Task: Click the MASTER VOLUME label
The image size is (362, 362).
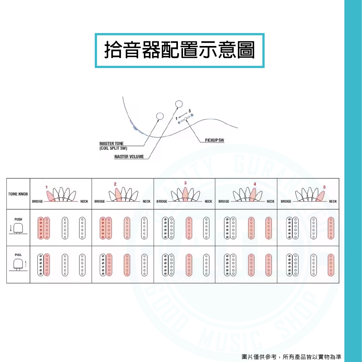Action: (129, 157)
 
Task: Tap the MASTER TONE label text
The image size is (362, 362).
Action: (111, 144)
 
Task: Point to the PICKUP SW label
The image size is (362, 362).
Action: (214, 140)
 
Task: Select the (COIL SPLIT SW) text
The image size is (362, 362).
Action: (113, 148)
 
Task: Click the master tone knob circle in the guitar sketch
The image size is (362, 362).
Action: (159, 116)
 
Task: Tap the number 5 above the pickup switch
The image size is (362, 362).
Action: (189, 110)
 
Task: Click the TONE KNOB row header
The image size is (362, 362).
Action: (18, 194)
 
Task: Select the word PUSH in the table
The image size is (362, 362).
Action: (18, 219)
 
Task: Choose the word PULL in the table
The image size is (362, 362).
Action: (18, 255)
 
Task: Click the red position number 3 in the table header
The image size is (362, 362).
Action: (185, 183)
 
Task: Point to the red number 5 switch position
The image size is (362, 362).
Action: (324, 187)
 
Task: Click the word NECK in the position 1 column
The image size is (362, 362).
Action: (84, 201)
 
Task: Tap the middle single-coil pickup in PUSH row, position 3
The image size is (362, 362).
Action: (189, 228)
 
